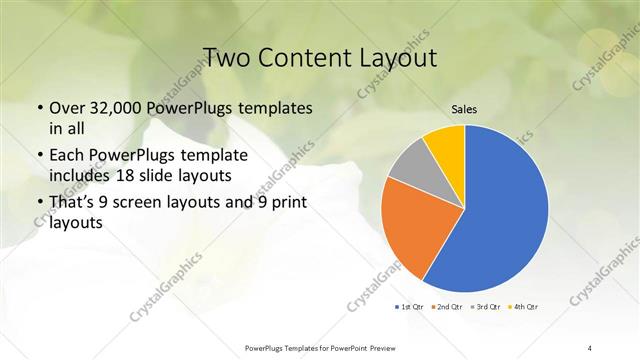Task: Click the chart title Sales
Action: pos(464,109)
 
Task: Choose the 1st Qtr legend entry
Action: pos(411,306)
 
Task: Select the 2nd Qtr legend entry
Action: pos(447,306)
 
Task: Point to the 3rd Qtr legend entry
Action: pos(484,306)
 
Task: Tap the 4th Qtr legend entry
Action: pos(522,306)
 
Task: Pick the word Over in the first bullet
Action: pos(67,108)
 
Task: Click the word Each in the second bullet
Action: pos(67,157)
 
